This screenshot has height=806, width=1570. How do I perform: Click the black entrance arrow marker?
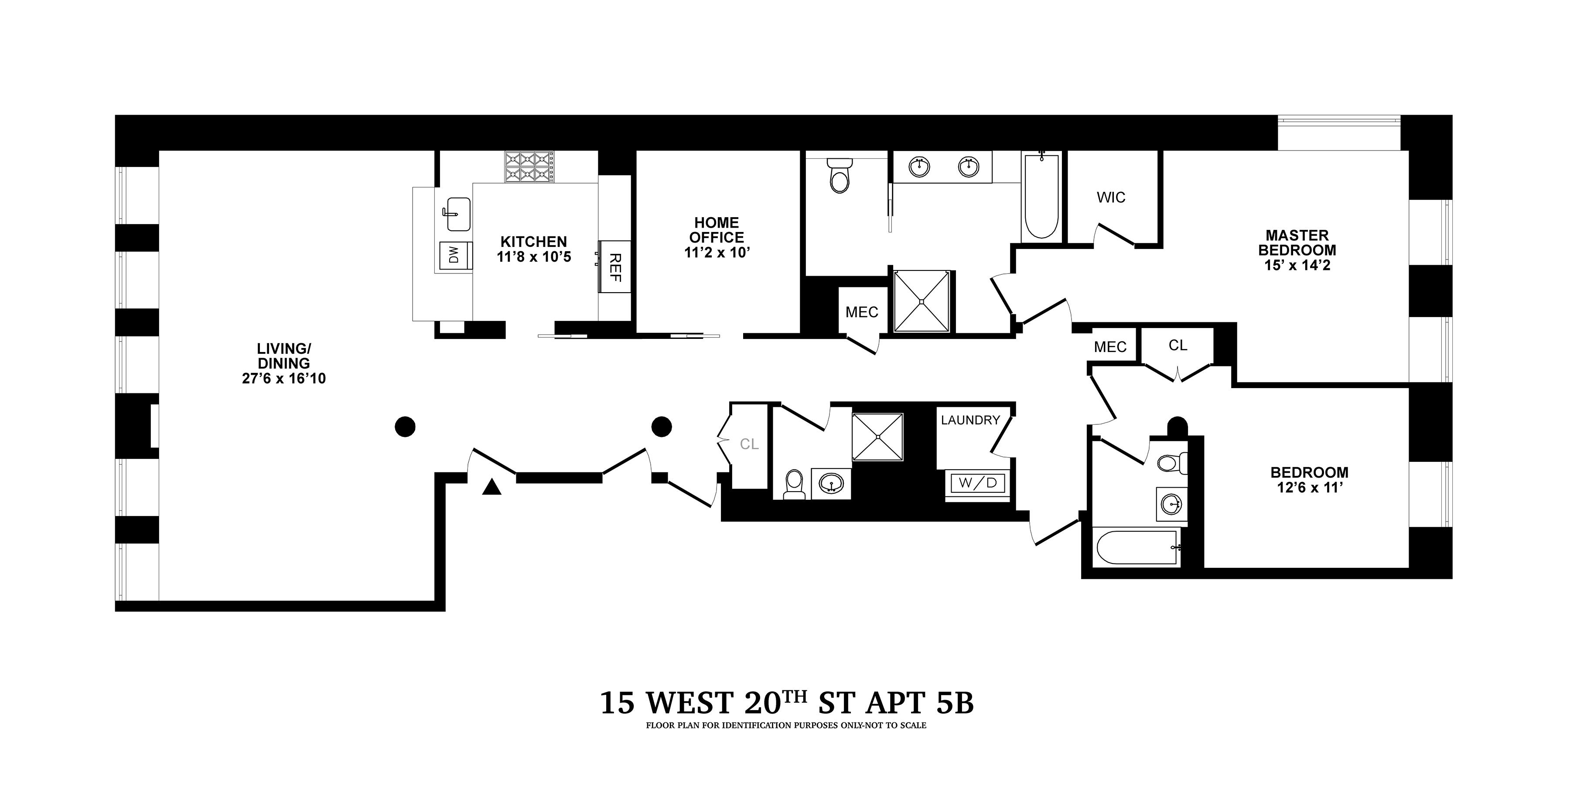[491, 487]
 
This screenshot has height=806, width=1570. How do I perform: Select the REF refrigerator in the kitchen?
[614, 267]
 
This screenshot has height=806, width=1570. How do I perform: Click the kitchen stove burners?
[529, 167]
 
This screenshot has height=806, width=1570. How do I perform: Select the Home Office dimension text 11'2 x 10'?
[717, 253]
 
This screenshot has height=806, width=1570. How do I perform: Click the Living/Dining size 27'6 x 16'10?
[284, 379]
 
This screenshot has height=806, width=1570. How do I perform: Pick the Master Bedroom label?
[1297, 242]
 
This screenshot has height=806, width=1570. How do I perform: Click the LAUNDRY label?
[970, 420]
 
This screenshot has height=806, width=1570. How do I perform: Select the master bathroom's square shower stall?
[922, 301]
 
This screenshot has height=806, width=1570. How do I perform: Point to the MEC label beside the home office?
[861, 312]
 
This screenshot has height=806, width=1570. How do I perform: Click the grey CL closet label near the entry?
[749, 444]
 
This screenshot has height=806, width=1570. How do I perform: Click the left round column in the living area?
[405, 426]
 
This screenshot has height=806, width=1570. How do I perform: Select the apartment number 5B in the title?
[955, 703]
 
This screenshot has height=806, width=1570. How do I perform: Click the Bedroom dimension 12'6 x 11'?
[1309, 488]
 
